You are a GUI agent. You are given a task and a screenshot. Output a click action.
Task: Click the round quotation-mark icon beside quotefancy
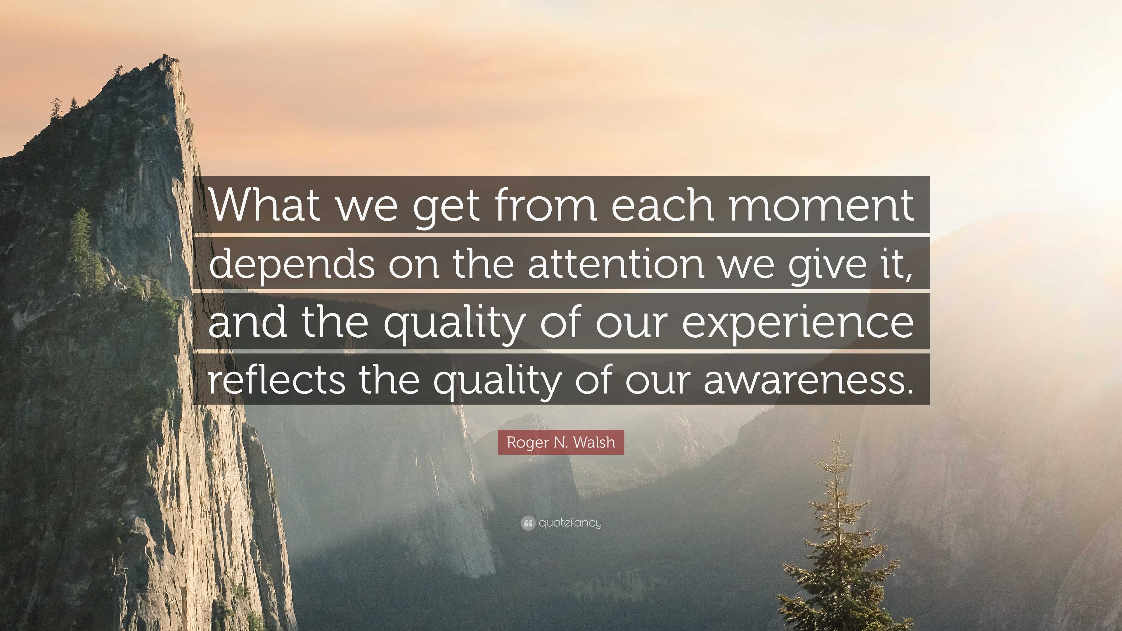pyautogui.click(x=527, y=523)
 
